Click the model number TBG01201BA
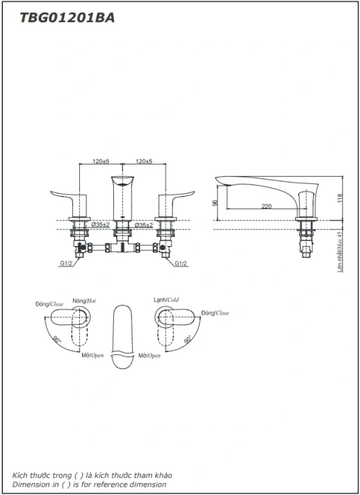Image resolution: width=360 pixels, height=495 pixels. (x=67, y=18)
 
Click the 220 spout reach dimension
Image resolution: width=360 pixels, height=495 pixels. (x=267, y=206)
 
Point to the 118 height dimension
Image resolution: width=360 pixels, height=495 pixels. (x=339, y=198)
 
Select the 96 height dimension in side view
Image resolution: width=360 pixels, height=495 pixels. (x=214, y=203)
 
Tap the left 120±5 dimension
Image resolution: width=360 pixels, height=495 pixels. (x=100, y=161)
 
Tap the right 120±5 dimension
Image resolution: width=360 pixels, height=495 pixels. (x=144, y=161)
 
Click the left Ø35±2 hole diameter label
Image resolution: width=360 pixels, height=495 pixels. (x=100, y=225)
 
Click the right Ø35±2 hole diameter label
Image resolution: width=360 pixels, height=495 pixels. (x=144, y=225)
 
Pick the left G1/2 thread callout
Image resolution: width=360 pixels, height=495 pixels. (x=66, y=263)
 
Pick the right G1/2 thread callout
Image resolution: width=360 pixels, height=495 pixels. (x=180, y=263)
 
